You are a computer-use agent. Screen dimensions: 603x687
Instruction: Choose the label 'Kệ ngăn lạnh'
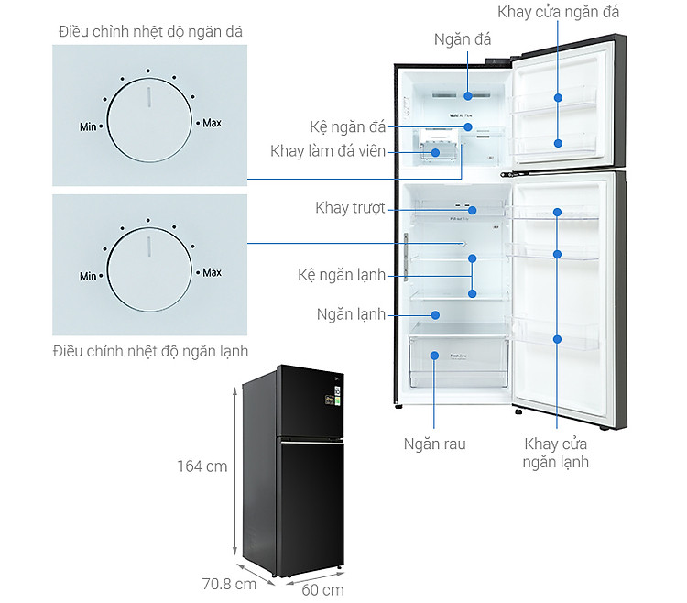[342, 275]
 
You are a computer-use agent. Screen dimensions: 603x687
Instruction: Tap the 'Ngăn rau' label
[435, 444]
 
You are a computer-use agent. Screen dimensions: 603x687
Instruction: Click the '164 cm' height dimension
[202, 466]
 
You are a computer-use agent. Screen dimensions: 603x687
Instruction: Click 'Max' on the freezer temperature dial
[212, 122]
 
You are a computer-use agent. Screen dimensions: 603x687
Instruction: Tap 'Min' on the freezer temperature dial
[88, 126]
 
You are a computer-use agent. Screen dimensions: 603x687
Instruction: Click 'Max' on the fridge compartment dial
[212, 272]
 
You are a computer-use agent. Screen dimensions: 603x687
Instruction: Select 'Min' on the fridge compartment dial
[88, 276]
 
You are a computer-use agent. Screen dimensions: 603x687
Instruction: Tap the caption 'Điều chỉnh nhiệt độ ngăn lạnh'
[150, 351]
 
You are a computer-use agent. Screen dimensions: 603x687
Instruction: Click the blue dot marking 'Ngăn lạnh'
[436, 314]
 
